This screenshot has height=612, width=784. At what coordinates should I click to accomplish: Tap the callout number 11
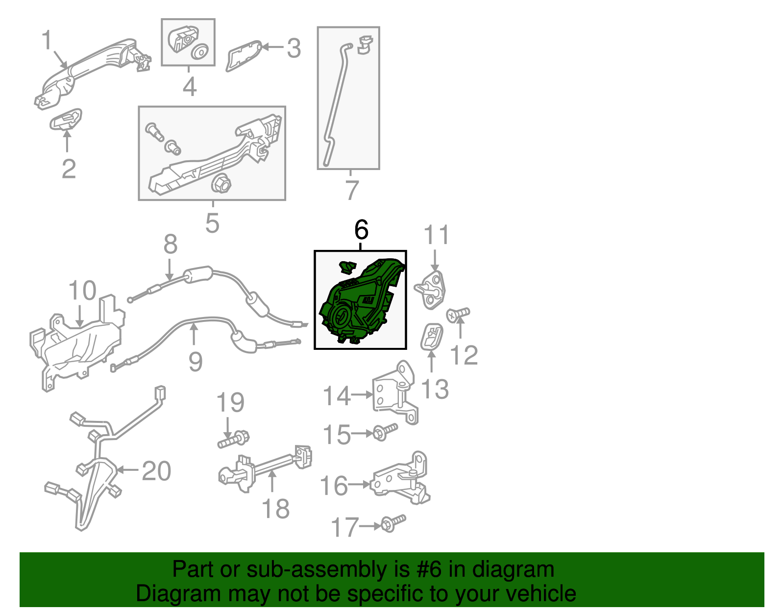point(436,235)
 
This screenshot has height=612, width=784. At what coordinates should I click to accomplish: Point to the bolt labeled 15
point(385,432)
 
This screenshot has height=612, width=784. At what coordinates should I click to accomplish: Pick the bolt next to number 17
point(393,523)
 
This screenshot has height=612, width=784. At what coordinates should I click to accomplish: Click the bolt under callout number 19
point(233,439)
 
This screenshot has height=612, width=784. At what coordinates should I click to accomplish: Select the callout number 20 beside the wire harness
point(156,470)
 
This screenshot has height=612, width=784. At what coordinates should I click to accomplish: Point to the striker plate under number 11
point(430,290)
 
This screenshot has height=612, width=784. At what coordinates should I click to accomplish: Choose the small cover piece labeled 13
point(432,337)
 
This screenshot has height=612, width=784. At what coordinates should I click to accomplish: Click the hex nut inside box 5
point(220,184)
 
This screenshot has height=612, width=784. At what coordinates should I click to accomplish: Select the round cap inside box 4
point(199,52)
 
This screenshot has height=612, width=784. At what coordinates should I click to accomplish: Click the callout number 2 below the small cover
point(69,169)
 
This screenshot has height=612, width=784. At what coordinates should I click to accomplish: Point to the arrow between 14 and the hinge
point(362,394)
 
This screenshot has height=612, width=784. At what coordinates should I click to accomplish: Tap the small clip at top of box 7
point(365,45)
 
